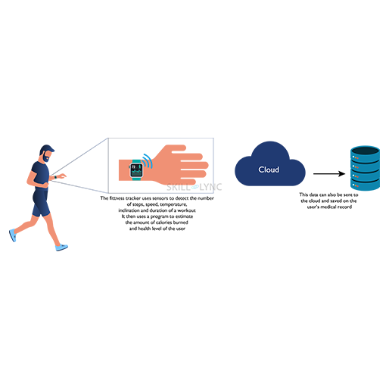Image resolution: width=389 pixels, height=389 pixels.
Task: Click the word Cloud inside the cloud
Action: tap(269, 170)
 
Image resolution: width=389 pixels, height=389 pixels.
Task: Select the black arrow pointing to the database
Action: tap(329, 173)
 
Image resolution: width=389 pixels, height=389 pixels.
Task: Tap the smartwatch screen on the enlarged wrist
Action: tap(136, 170)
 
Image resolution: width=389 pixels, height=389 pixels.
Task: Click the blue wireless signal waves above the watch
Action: tap(148, 160)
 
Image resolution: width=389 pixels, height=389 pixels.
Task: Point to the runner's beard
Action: tap(46, 157)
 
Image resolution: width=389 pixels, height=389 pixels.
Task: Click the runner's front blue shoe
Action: tap(61, 247)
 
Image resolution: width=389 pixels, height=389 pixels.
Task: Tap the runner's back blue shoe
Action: tap(13, 235)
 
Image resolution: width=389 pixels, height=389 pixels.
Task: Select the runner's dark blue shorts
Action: tap(41, 203)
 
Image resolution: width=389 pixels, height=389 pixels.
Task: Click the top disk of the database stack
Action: tap(365, 152)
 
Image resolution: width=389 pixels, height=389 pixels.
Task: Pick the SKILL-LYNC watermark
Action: tap(194, 187)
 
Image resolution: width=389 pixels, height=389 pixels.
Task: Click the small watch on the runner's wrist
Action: tap(55, 177)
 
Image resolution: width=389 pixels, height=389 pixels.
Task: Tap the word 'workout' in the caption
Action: tap(186, 210)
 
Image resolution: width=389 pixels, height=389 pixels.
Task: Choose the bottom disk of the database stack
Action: tap(365, 184)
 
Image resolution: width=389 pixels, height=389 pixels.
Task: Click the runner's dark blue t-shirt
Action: tap(40, 175)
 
